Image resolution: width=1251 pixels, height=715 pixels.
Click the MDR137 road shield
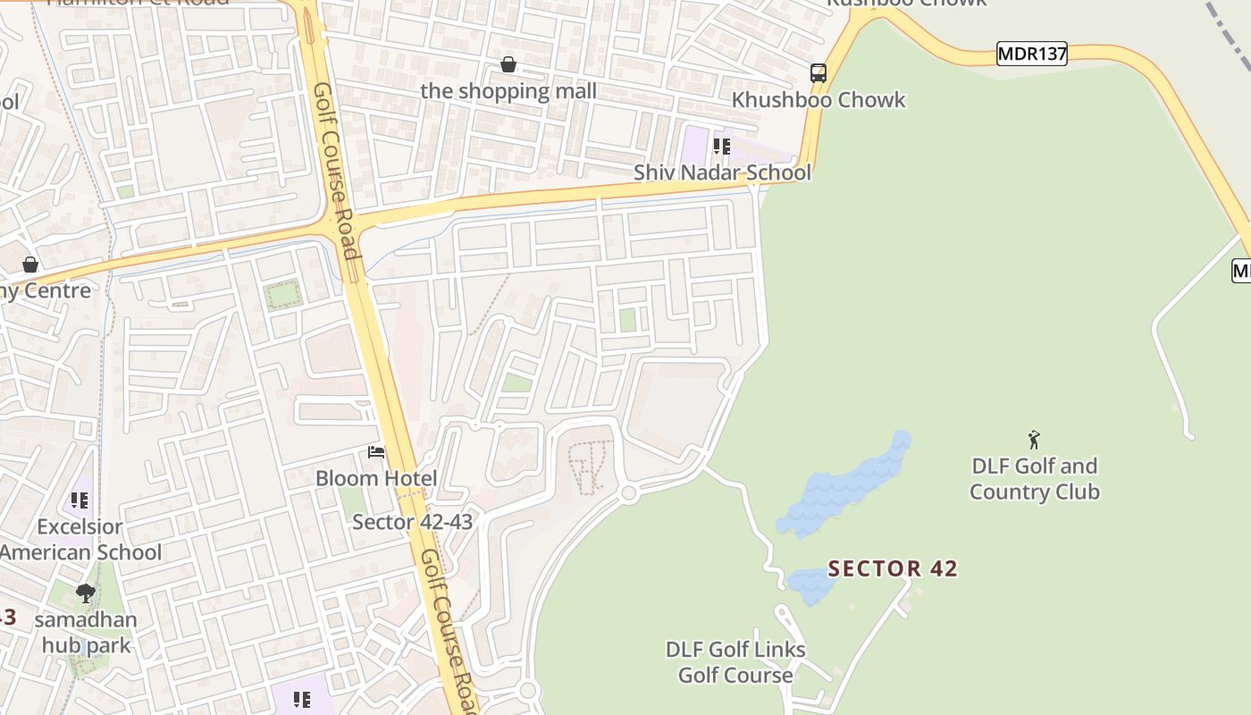1032,54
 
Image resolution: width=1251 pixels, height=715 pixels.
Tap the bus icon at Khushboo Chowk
819,73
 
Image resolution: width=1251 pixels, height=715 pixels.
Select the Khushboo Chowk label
819,100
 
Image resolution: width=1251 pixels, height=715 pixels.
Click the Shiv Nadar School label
722,172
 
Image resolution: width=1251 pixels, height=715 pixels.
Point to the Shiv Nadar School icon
721,146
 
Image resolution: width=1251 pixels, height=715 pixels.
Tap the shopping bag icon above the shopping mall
508,64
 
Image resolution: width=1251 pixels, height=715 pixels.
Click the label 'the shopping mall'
508,91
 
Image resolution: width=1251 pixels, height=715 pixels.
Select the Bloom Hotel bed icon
376,452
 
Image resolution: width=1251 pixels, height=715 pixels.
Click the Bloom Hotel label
376,478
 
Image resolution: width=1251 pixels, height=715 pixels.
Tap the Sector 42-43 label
412,522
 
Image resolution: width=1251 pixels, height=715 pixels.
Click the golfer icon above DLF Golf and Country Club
1034,440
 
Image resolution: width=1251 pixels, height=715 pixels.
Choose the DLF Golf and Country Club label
1034,479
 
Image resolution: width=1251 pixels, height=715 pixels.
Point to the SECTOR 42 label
893,568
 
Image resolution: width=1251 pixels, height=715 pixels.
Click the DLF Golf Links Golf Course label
735,662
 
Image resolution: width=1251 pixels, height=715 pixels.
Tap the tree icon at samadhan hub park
86,593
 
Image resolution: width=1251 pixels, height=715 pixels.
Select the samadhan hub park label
88,632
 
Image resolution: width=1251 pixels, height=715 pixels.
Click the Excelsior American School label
80,540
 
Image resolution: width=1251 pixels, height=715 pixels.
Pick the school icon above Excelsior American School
80,500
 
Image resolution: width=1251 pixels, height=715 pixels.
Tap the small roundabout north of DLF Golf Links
629,492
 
